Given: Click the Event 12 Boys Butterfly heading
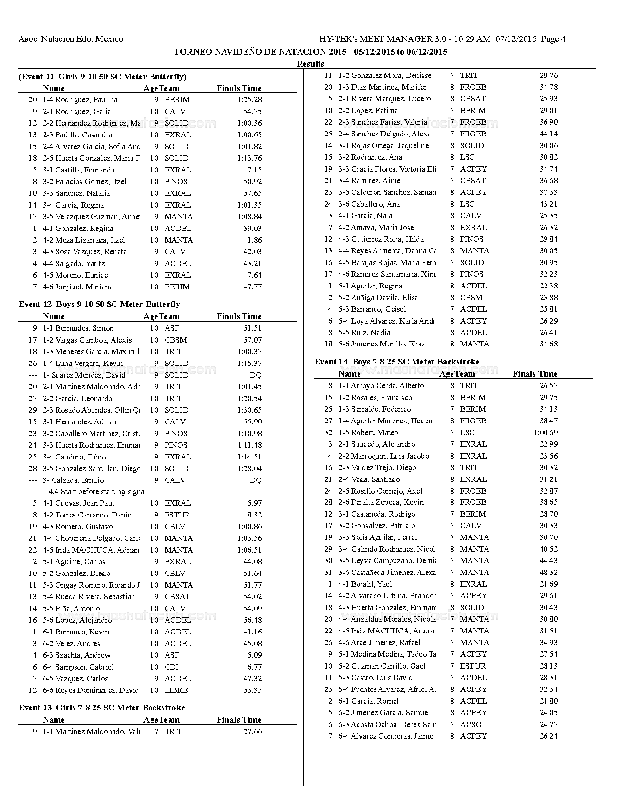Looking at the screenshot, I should (x=99, y=304).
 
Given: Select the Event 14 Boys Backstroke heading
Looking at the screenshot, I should (x=396, y=362).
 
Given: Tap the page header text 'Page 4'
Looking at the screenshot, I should (x=553, y=39).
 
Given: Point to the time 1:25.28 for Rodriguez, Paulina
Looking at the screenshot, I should (x=249, y=100).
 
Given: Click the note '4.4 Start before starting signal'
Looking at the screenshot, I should (x=97, y=492).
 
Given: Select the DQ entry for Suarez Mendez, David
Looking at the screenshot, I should (x=255, y=375).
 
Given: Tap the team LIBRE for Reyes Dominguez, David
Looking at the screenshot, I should (x=176, y=690).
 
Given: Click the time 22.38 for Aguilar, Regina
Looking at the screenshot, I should (x=548, y=286).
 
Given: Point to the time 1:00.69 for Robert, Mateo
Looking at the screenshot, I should (x=545, y=433).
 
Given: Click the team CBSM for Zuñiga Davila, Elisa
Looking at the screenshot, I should (x=471, y=298).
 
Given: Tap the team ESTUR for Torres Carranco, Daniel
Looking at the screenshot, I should (x=177, y=515).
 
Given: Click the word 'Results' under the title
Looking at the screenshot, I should (x=310, y=64).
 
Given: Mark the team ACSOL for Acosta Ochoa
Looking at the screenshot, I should (x=473, y=725).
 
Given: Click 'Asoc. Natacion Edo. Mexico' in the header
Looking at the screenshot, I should (x=71, y=39).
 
